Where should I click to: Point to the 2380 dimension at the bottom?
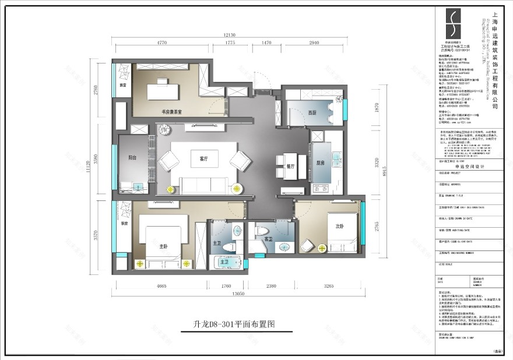click(272, 286)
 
